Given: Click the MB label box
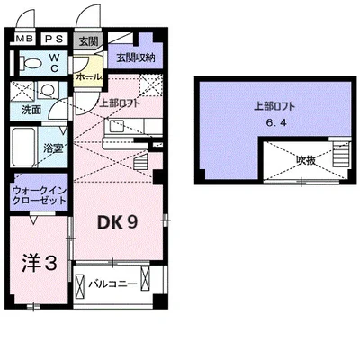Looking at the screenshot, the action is [25, 39].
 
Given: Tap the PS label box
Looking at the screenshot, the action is [54, 39].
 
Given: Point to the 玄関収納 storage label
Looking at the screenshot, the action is [136, 58].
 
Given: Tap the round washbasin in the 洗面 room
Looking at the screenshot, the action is [47, 89].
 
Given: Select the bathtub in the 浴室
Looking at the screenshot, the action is [23, 148].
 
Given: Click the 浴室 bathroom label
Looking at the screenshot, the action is [53, 148].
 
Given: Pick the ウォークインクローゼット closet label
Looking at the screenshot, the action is [40, 195].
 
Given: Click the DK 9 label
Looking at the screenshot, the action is [117, 223].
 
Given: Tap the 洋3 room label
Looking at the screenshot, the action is [40, 264].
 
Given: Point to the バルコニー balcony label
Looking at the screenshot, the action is [112, 283].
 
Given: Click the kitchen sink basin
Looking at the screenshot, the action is [117, 126].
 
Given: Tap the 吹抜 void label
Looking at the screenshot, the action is [306, 161].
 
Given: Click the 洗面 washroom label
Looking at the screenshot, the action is [31, 110].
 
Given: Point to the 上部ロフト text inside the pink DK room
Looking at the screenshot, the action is [120, 103].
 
